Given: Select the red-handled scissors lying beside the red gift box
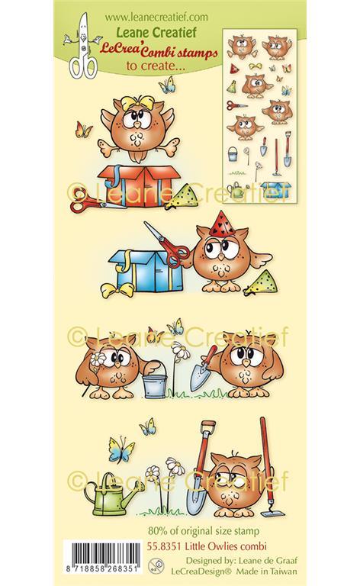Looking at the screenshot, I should (92, 204).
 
